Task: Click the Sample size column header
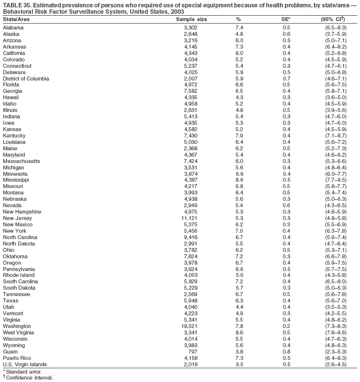click(192, 19)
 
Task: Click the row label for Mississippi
click(17, 180)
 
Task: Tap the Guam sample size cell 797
click(192, 352)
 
